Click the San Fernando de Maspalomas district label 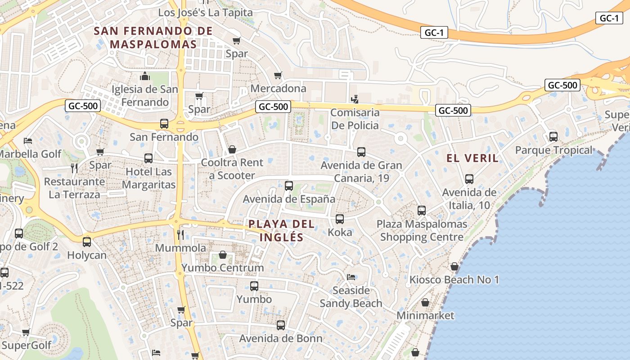coord(153,37)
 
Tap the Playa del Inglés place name coord(281,230)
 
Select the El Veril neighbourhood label coord(472,158)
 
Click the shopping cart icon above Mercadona coord(278,75)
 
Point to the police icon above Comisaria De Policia coord(355,99)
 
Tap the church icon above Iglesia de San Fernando coord(144,76)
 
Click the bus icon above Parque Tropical coord(553,137)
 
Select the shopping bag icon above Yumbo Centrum coord(222,255)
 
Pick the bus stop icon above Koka coord(340,219)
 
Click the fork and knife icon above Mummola coord(180,234)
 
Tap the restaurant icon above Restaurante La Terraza coord(74,168)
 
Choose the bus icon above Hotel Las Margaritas coord(148,158)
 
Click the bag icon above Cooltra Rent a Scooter coord(232,149)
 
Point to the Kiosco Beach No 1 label coord(454,280)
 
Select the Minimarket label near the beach coord(425,315)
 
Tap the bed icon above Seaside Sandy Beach coord(351,277)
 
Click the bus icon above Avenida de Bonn coord(281,325)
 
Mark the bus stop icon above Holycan coord(87,242)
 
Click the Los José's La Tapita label coord(205,13)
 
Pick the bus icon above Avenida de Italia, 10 coord(469,179)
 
